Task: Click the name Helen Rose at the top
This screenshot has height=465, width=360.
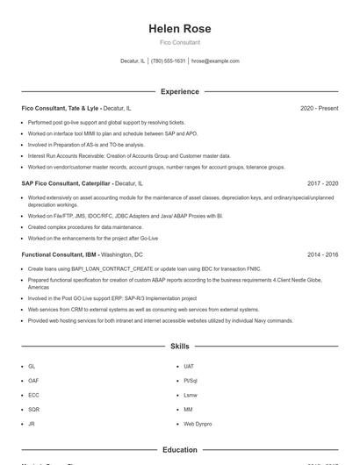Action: [179, 29]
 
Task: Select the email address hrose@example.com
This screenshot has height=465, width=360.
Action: [215, 61]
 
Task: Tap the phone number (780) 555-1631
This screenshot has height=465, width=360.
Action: [169, 61]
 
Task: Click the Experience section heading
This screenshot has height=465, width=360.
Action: [179, 90]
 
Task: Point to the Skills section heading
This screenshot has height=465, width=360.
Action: [179, 347]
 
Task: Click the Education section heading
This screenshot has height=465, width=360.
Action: [179, 450]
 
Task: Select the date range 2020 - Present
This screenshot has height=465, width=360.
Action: [319, 108]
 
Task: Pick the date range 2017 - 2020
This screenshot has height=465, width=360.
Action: [322, 183]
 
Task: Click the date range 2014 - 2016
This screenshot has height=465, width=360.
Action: [322, 254]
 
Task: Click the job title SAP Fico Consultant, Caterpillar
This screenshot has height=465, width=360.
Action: [67, 183]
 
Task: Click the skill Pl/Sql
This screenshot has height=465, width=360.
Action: [190, 381]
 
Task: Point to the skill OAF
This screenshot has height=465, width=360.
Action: [33, 381]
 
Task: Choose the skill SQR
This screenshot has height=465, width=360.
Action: [33, 409]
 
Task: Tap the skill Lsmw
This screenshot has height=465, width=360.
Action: [190, 395]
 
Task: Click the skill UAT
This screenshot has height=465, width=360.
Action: [189, 366]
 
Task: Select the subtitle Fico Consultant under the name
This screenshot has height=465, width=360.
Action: [179, 42]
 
